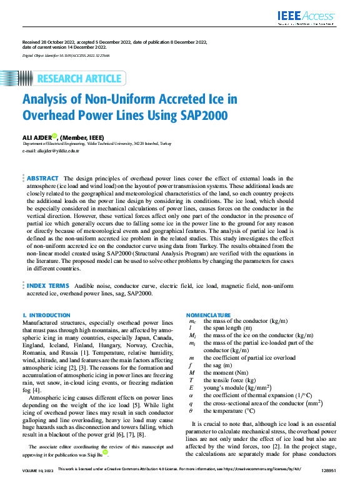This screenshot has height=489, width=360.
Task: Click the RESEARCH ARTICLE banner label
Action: (79, 79)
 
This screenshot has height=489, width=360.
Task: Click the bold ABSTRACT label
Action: (43, 179)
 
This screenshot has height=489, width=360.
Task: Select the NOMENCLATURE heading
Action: (209, 315)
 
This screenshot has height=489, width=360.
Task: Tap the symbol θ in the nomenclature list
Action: (191, 411)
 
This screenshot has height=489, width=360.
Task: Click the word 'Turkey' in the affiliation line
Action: (165, 144)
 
